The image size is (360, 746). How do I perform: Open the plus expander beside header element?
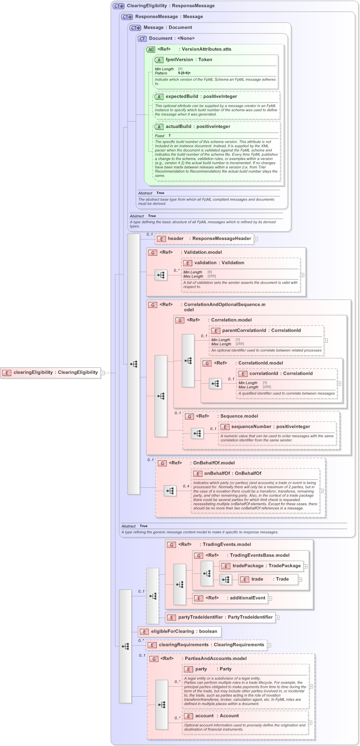(x=256, y=239)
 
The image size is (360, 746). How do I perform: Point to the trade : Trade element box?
(x=268, y=579)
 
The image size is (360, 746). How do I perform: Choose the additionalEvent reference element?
(x=230, y=598)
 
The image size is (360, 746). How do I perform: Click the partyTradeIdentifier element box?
(x=220, y=617)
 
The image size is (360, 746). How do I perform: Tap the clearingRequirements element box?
(x=207, y=645)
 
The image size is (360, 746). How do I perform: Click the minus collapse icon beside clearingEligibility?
(x=103, y=373)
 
